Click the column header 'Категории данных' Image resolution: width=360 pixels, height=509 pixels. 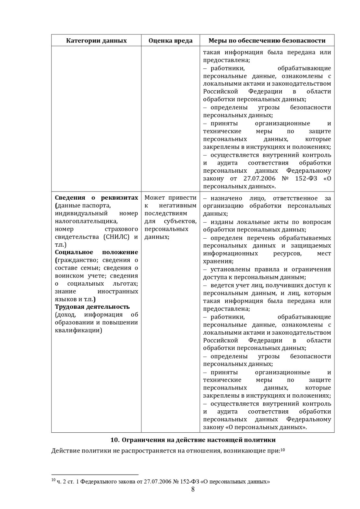tap(96, 41)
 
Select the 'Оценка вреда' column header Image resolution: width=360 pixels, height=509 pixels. tap(170, 41)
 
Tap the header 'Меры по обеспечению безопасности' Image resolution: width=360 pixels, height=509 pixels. tap(267, 41)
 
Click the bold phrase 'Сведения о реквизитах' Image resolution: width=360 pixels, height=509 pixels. tap(96, 198)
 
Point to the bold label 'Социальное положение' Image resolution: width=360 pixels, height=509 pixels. tap(96, 252)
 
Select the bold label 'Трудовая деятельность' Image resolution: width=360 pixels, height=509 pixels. tap(92, 307)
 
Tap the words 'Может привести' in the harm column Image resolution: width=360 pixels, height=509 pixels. tap(170, 198)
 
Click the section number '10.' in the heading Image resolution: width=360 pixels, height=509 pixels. tap(115, 440)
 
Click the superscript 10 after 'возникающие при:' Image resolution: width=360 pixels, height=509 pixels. tap(282, 450)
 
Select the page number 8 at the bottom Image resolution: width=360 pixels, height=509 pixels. tap(193, 490)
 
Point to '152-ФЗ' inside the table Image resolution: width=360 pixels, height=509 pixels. tap(308, 179)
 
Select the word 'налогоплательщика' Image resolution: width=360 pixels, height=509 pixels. tap(86, 221)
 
